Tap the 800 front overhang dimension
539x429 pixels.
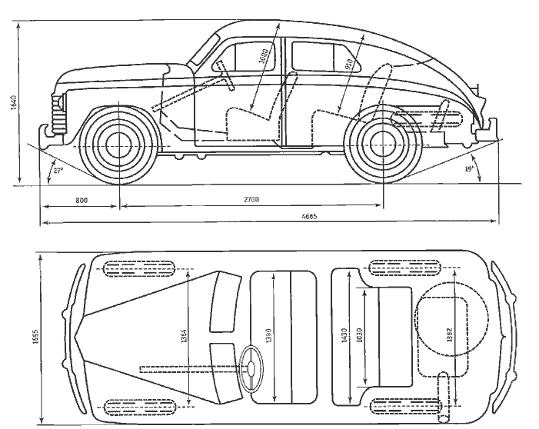[81, 200]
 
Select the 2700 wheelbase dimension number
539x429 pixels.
[251, 200]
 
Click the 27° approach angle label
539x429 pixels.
[56, 170]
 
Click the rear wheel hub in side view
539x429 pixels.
[381, 142]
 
